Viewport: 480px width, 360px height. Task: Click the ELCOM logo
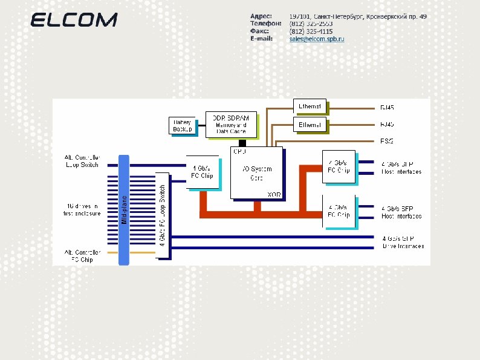pyautogui.click(x=74, y=20)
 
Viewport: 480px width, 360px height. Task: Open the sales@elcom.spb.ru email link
pyautogui.click(x=316, y=39)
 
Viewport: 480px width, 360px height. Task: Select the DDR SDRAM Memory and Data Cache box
pyautogui.click(x=231, y=123)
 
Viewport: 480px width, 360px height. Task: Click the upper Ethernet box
pyautogui.click(x=310, y=106)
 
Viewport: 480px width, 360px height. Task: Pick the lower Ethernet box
pyautogui.click(x=310, y=125)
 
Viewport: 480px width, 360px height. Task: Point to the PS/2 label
pyautogui.click(x=387, y=141)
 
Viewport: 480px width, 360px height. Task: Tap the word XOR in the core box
pyautogui.click(x=273, y=194)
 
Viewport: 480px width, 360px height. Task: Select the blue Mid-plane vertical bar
pyautogui.click(x=124, y=209)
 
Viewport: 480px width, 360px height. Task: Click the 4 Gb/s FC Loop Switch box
pyautogui.click(x=162, y=215)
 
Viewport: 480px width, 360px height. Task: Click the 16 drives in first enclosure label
pyautogui.click(x=82, y=209)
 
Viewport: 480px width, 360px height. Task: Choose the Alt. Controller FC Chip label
pyautogui.click(x=82, y=255)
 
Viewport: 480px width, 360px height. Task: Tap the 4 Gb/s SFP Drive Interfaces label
pyautogui.click(x=403, y=242)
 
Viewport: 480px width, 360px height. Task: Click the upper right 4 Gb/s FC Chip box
pyautogui.click(x=338, y=166)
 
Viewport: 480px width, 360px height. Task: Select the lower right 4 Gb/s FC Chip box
pyautogui.click(x=338, y=211)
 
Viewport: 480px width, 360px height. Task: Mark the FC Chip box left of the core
pyautogui.click(x=203, y=171)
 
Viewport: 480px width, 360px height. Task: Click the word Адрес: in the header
pyautogui.click(x=261, y=16)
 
